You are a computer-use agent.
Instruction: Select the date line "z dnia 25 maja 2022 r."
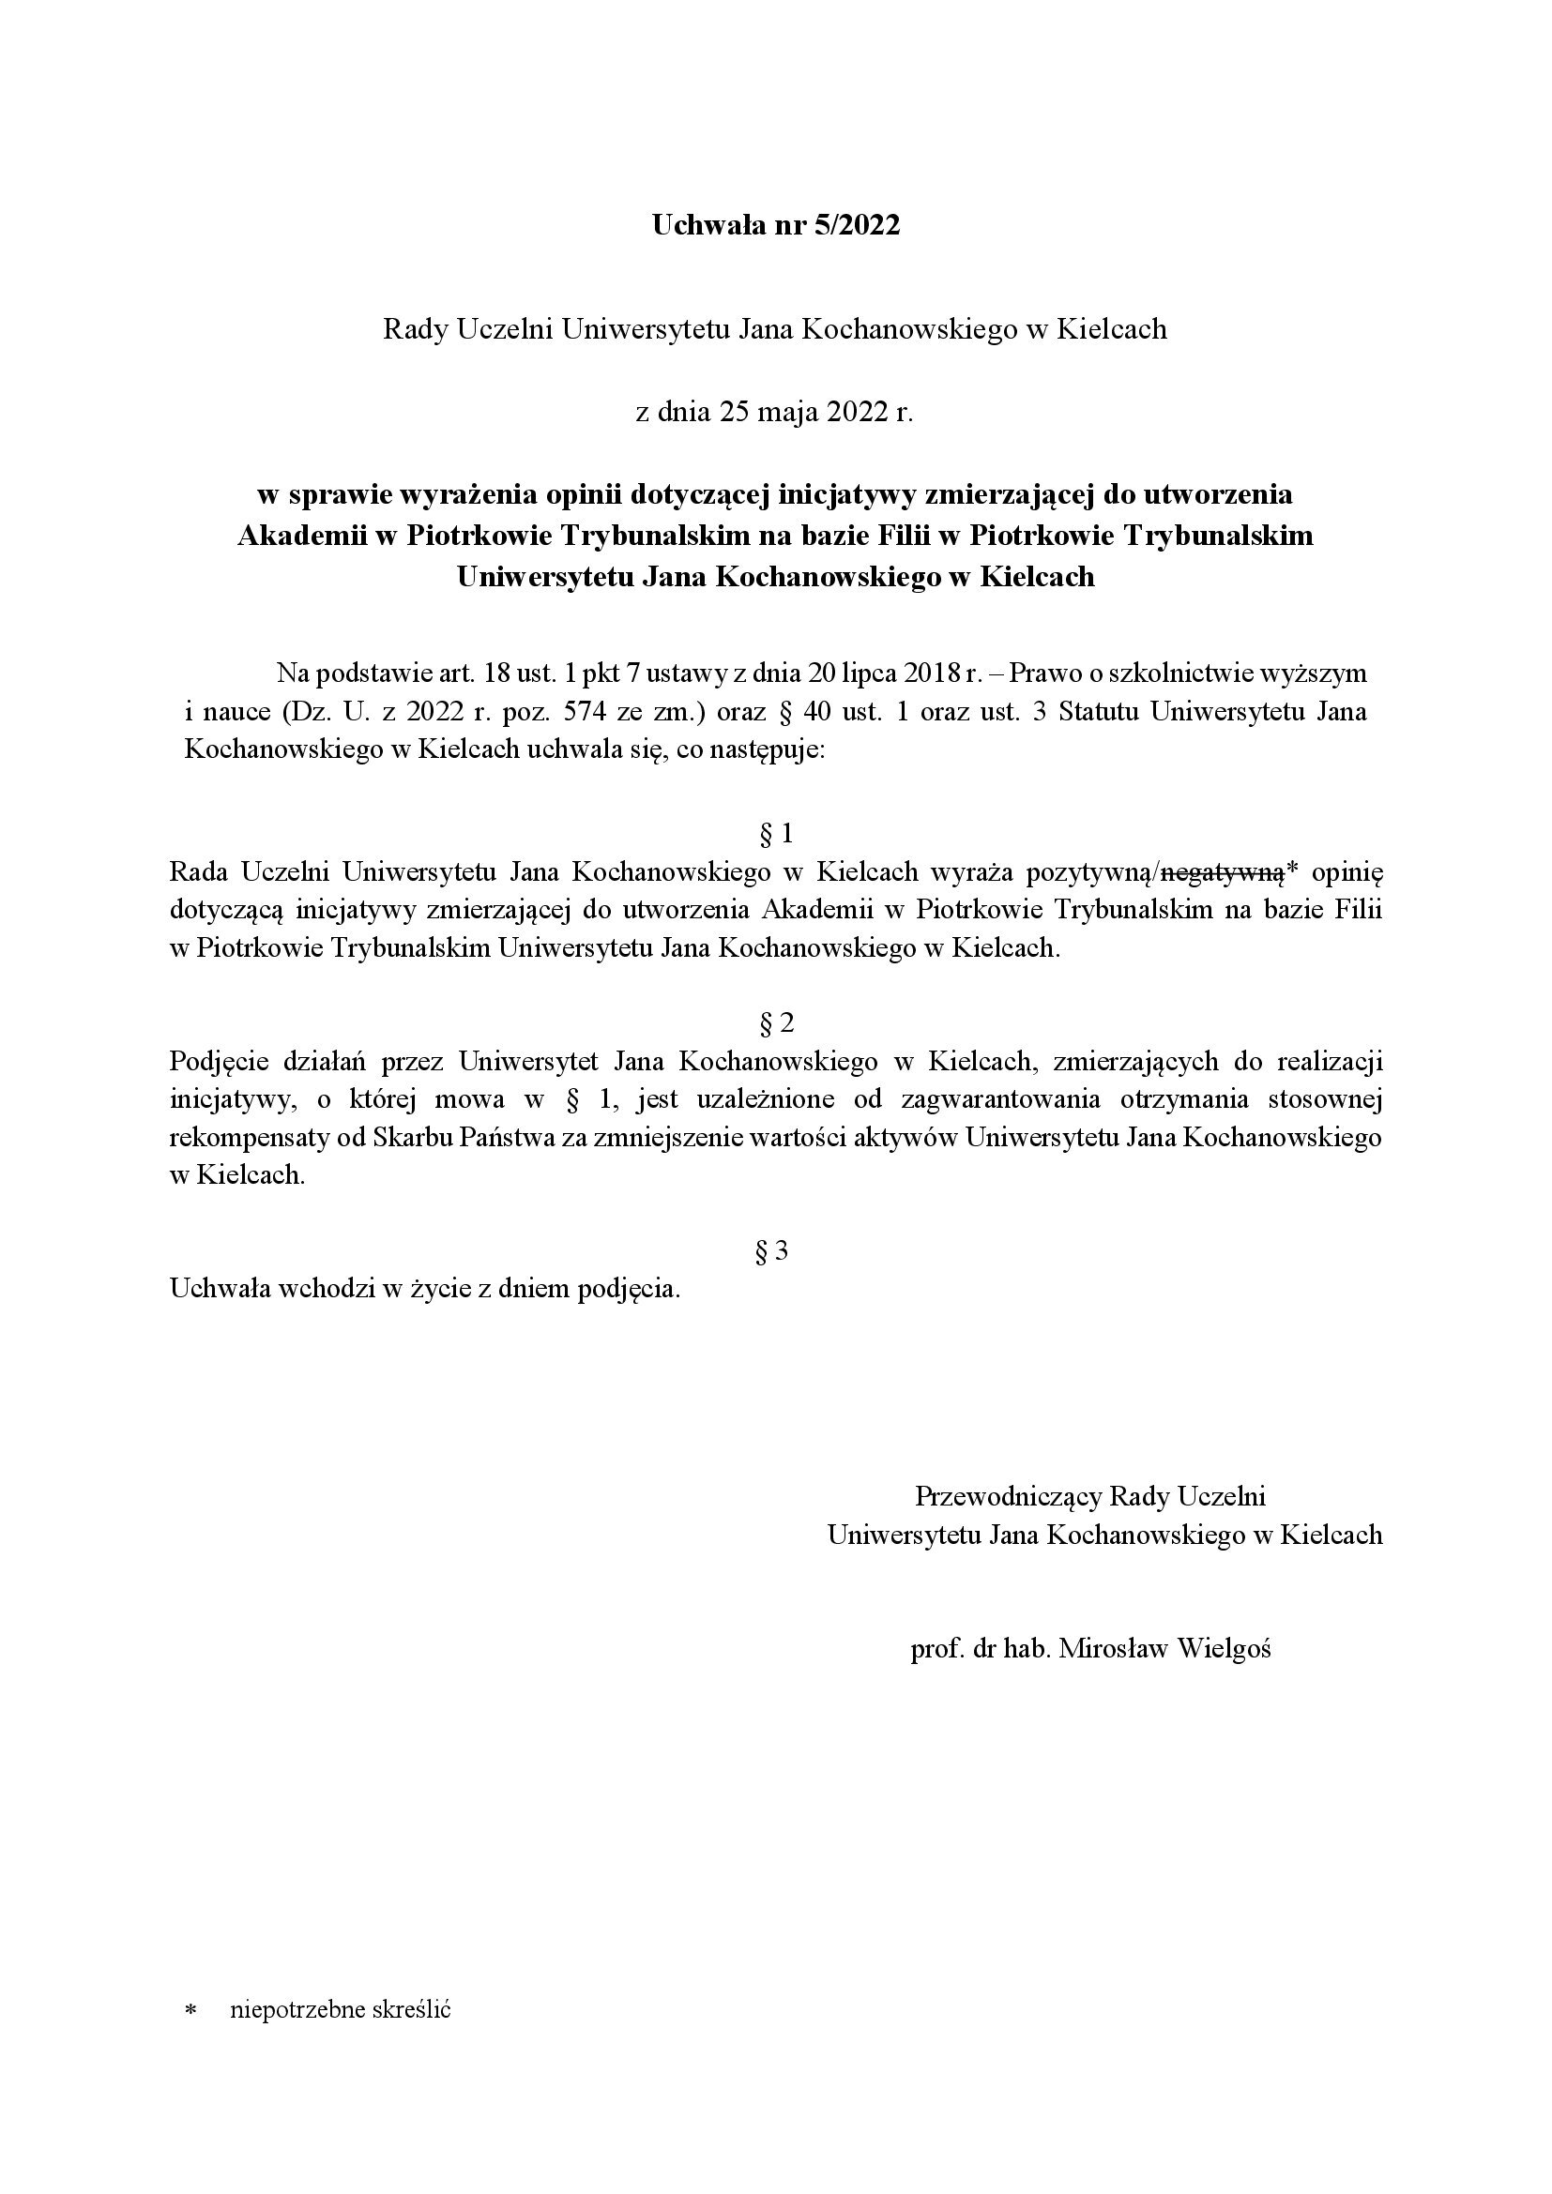click(775, 413)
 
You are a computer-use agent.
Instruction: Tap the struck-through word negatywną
click(1223, 871)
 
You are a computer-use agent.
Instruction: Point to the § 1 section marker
click(775, 834)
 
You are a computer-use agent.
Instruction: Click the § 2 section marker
click(775, 1023)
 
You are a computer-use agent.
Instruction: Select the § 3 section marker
click(772, 1252)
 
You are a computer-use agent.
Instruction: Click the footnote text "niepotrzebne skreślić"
click(341, 2009)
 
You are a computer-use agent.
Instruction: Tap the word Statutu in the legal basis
click(1101, 712)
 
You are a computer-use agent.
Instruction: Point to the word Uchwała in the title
click(700, 225)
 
